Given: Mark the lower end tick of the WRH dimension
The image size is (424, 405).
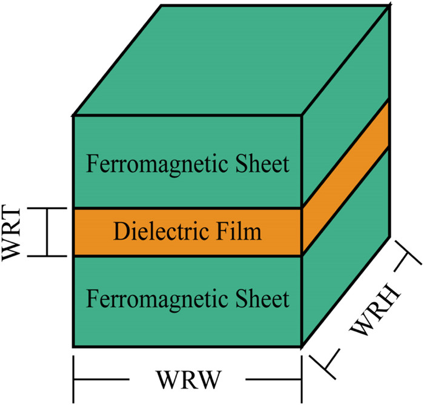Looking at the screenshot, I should tap(320, 363).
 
